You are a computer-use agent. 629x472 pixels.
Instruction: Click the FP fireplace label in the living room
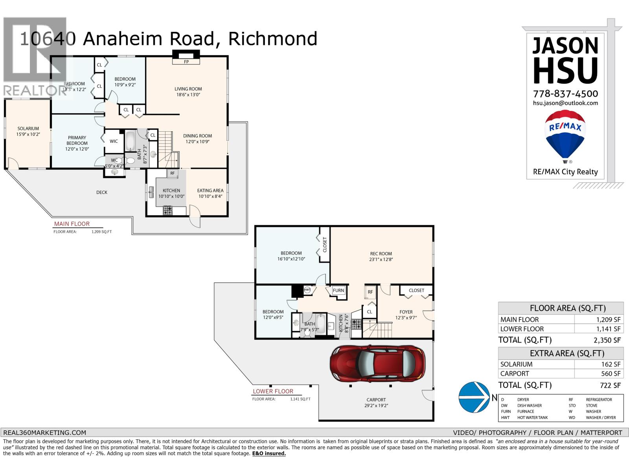coord(186,62)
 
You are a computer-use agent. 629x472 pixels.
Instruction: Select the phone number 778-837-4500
coord(565,94)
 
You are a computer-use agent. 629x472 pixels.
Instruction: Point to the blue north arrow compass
coord(475,397)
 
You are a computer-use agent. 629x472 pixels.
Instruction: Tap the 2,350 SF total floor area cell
coord(599,340)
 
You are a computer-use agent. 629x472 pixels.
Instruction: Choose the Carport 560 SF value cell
coord(599,374)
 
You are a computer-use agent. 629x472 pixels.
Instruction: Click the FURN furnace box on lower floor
coord(338,291)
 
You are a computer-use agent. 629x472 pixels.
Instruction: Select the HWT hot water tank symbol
coord(307,290)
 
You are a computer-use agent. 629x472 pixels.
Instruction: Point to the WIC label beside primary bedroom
coord(114,141)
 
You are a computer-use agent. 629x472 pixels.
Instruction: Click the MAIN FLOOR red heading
coord(72,224)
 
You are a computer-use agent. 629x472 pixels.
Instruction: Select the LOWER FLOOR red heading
coord(273,391)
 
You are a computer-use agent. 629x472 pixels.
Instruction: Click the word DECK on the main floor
coord(102,192)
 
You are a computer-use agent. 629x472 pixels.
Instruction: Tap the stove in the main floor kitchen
coord(168,210)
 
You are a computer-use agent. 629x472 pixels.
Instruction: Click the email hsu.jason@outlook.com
coord(565,103)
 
